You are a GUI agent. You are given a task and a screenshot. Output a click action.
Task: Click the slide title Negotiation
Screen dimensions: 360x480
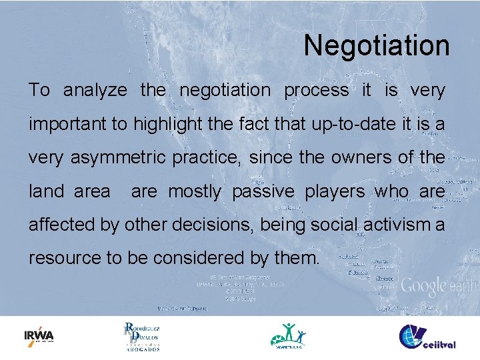(377, 45)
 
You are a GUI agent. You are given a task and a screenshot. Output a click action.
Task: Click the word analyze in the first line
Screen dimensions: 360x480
(95, 91)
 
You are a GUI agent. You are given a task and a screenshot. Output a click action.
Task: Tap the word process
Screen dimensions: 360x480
(316, 91)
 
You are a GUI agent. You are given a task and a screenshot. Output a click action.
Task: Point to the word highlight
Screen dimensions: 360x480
(169, 125)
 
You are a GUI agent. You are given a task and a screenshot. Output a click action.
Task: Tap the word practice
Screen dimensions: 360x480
(211, 158)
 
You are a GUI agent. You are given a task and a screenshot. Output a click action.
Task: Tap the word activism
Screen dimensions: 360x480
(395, 225)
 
